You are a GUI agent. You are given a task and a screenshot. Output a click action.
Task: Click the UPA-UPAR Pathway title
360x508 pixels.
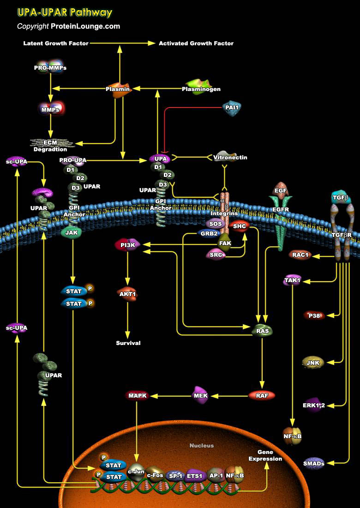(65, 12)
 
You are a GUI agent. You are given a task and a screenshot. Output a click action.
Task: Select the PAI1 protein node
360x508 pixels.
(232, 108)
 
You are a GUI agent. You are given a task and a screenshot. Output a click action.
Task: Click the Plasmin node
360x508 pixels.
(118, 88)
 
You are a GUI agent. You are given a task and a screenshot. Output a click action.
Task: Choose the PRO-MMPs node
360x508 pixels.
(50, 67)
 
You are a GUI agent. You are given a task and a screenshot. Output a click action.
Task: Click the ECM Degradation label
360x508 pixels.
(50, 146)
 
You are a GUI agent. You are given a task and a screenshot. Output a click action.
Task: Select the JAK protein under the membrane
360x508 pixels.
(72, 232)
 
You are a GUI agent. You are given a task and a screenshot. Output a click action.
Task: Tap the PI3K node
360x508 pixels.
(127, 245)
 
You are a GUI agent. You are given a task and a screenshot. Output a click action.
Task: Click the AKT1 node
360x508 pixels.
(128, 294)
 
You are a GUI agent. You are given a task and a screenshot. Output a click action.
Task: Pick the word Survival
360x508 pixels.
(128, 343)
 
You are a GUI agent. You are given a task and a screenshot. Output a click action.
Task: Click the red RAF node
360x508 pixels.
(262, 395)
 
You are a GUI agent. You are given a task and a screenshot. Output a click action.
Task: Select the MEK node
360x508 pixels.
(201, 395)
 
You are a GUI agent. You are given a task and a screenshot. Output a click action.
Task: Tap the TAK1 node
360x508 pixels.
(292, 280)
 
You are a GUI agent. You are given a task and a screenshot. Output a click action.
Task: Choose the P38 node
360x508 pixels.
(314, 315)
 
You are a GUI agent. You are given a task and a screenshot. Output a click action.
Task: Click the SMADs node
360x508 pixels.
(314, 463)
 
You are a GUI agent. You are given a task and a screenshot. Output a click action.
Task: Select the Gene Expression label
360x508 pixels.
(265, 455)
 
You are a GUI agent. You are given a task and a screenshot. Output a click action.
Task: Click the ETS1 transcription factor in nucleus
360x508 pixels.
(194, 475)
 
